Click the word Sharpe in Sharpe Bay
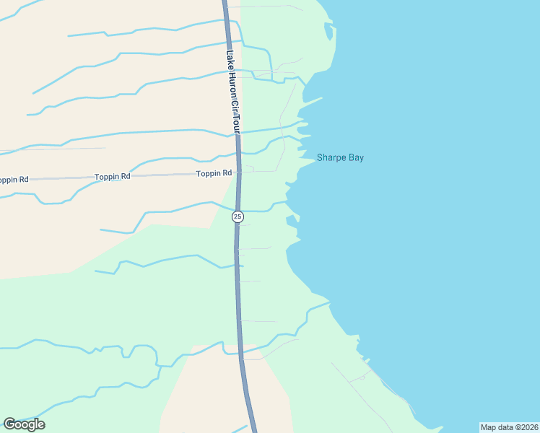(333, 157)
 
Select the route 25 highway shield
(238, 216)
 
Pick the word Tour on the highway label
(235, 125)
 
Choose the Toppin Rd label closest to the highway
(214, 173)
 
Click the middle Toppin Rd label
(113, 176)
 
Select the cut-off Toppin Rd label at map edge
(13, 179)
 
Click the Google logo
(24, 424)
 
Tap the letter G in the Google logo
(9, 424)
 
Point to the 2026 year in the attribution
(528, 427)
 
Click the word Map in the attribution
(489, 427)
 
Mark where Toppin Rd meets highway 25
(238, 172)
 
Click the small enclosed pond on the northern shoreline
(330, 32)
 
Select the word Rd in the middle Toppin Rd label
(126, 176)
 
